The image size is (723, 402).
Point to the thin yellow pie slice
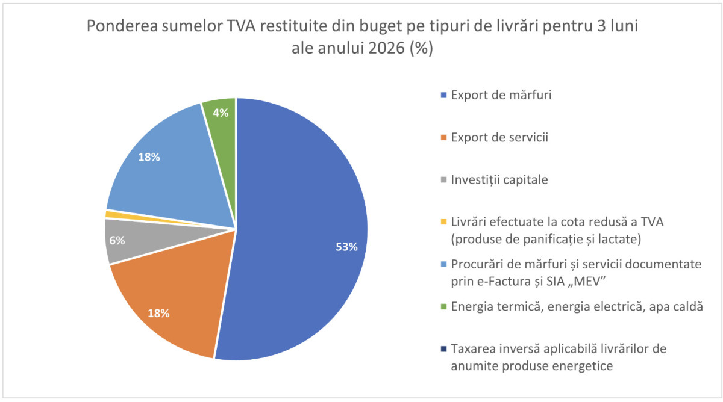(x=110, y=214)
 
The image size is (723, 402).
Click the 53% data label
(x=346, y=247)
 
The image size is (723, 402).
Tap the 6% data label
(x=117, y=240)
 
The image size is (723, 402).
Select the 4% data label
(x=220, y=113)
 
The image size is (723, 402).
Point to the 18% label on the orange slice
(x=158, y=313)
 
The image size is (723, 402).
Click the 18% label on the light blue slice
(x=149, y=158)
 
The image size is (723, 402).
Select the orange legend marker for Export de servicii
(x=444, y=138)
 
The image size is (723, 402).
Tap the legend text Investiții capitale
(x=499, y=179)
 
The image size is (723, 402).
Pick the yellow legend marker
(x=444, y=222)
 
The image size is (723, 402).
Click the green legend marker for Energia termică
(x=444, y=307)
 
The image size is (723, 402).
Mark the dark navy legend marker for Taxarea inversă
(x=444, y=349)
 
